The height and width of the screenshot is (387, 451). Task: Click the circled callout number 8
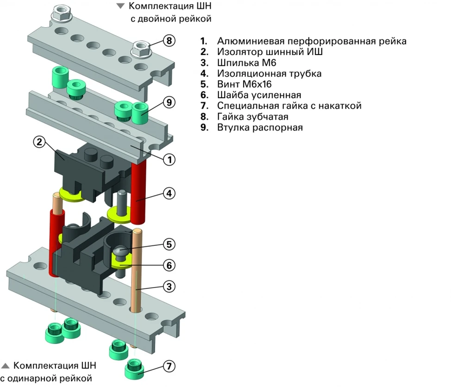point(169,41)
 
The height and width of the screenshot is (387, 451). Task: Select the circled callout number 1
point(169,160)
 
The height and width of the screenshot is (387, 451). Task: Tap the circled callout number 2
point(40,143)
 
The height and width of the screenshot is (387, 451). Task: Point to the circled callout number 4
point(169,193)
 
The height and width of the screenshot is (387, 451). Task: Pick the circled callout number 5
point(169,243)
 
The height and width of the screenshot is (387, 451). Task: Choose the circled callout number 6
point(169,265)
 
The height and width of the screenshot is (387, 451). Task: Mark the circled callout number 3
point(169,287)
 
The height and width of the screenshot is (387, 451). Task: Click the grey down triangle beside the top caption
point(121,6)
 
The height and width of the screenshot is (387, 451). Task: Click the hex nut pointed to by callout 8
point(141,48)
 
